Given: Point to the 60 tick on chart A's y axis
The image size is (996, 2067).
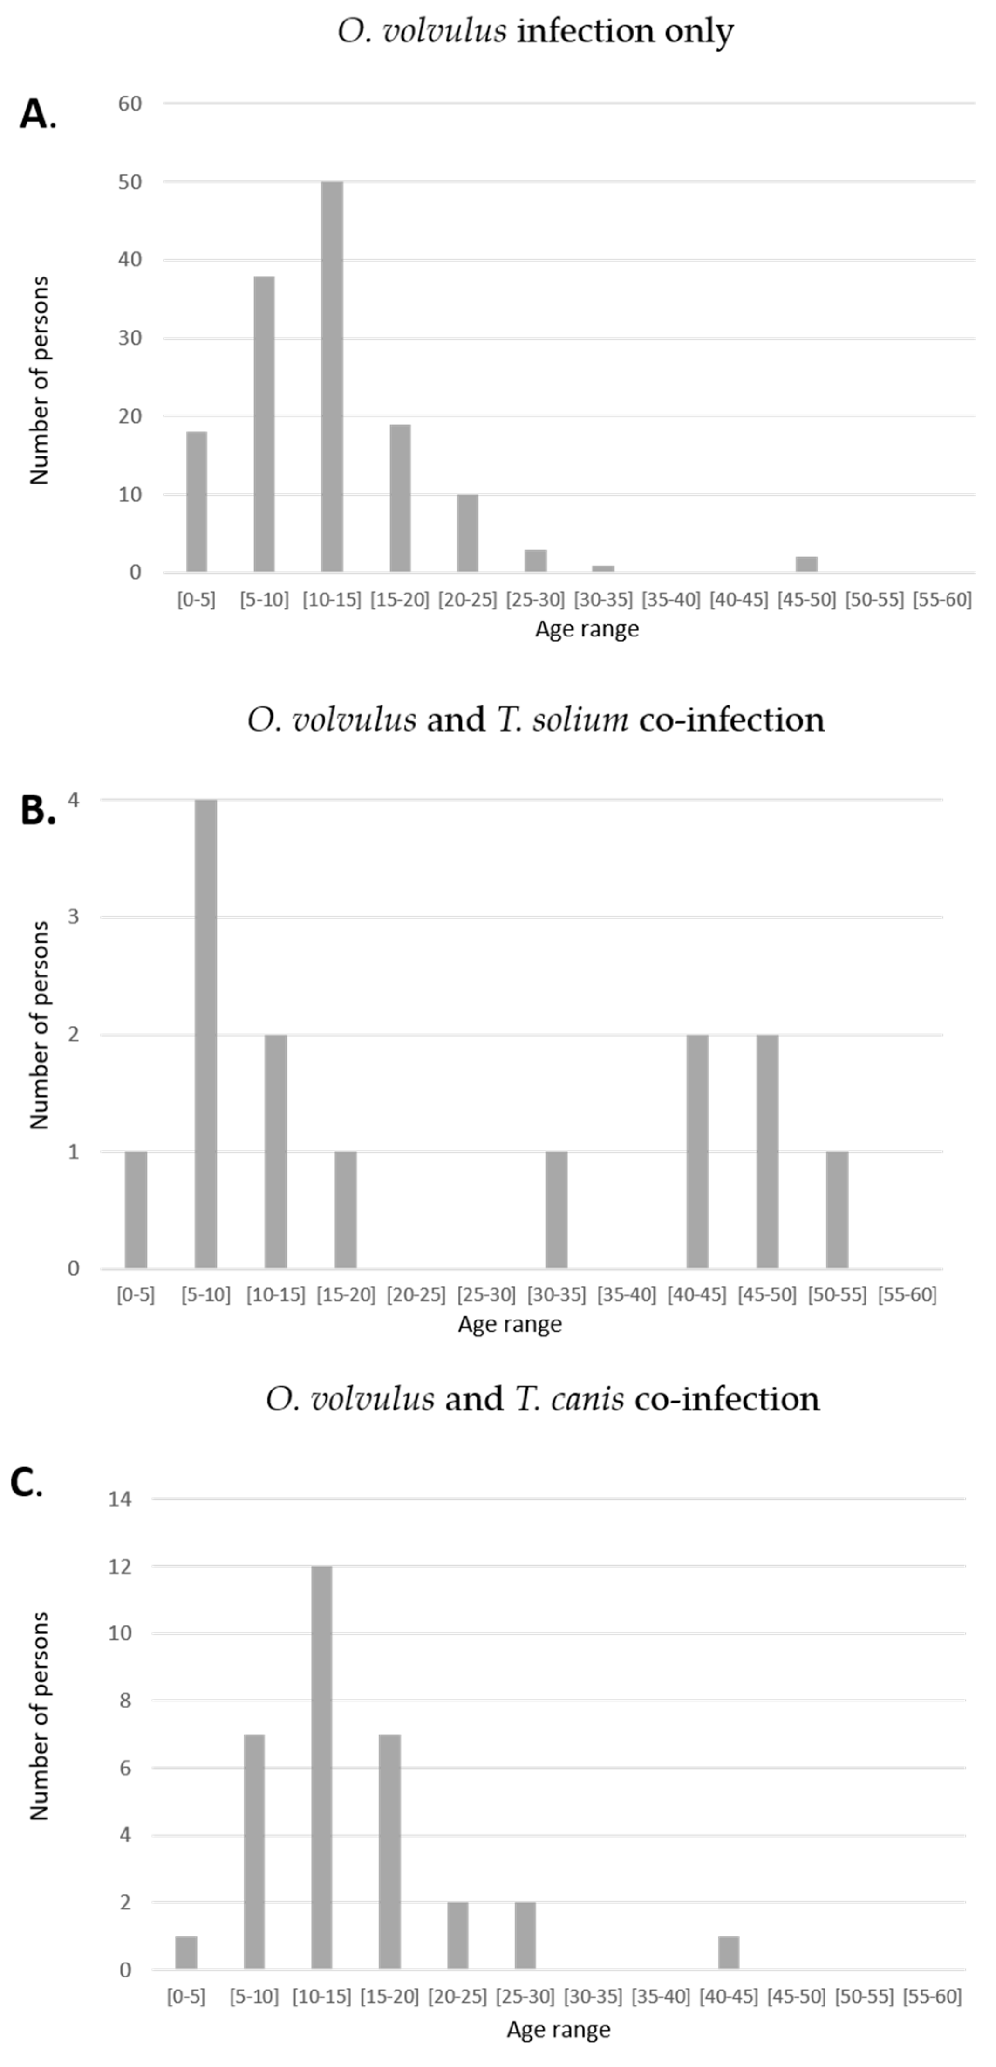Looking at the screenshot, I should (130, 104).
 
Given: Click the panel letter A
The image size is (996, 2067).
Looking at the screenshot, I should (36, 115).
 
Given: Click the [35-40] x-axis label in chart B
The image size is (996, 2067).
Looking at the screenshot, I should (626, 1294).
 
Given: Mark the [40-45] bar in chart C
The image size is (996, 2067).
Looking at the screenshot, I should (728, 1953).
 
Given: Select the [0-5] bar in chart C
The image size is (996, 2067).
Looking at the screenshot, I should (186, 1953).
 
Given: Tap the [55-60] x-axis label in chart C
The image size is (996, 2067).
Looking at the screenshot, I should (932, 1997).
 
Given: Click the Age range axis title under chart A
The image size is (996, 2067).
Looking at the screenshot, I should (587, 629).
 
